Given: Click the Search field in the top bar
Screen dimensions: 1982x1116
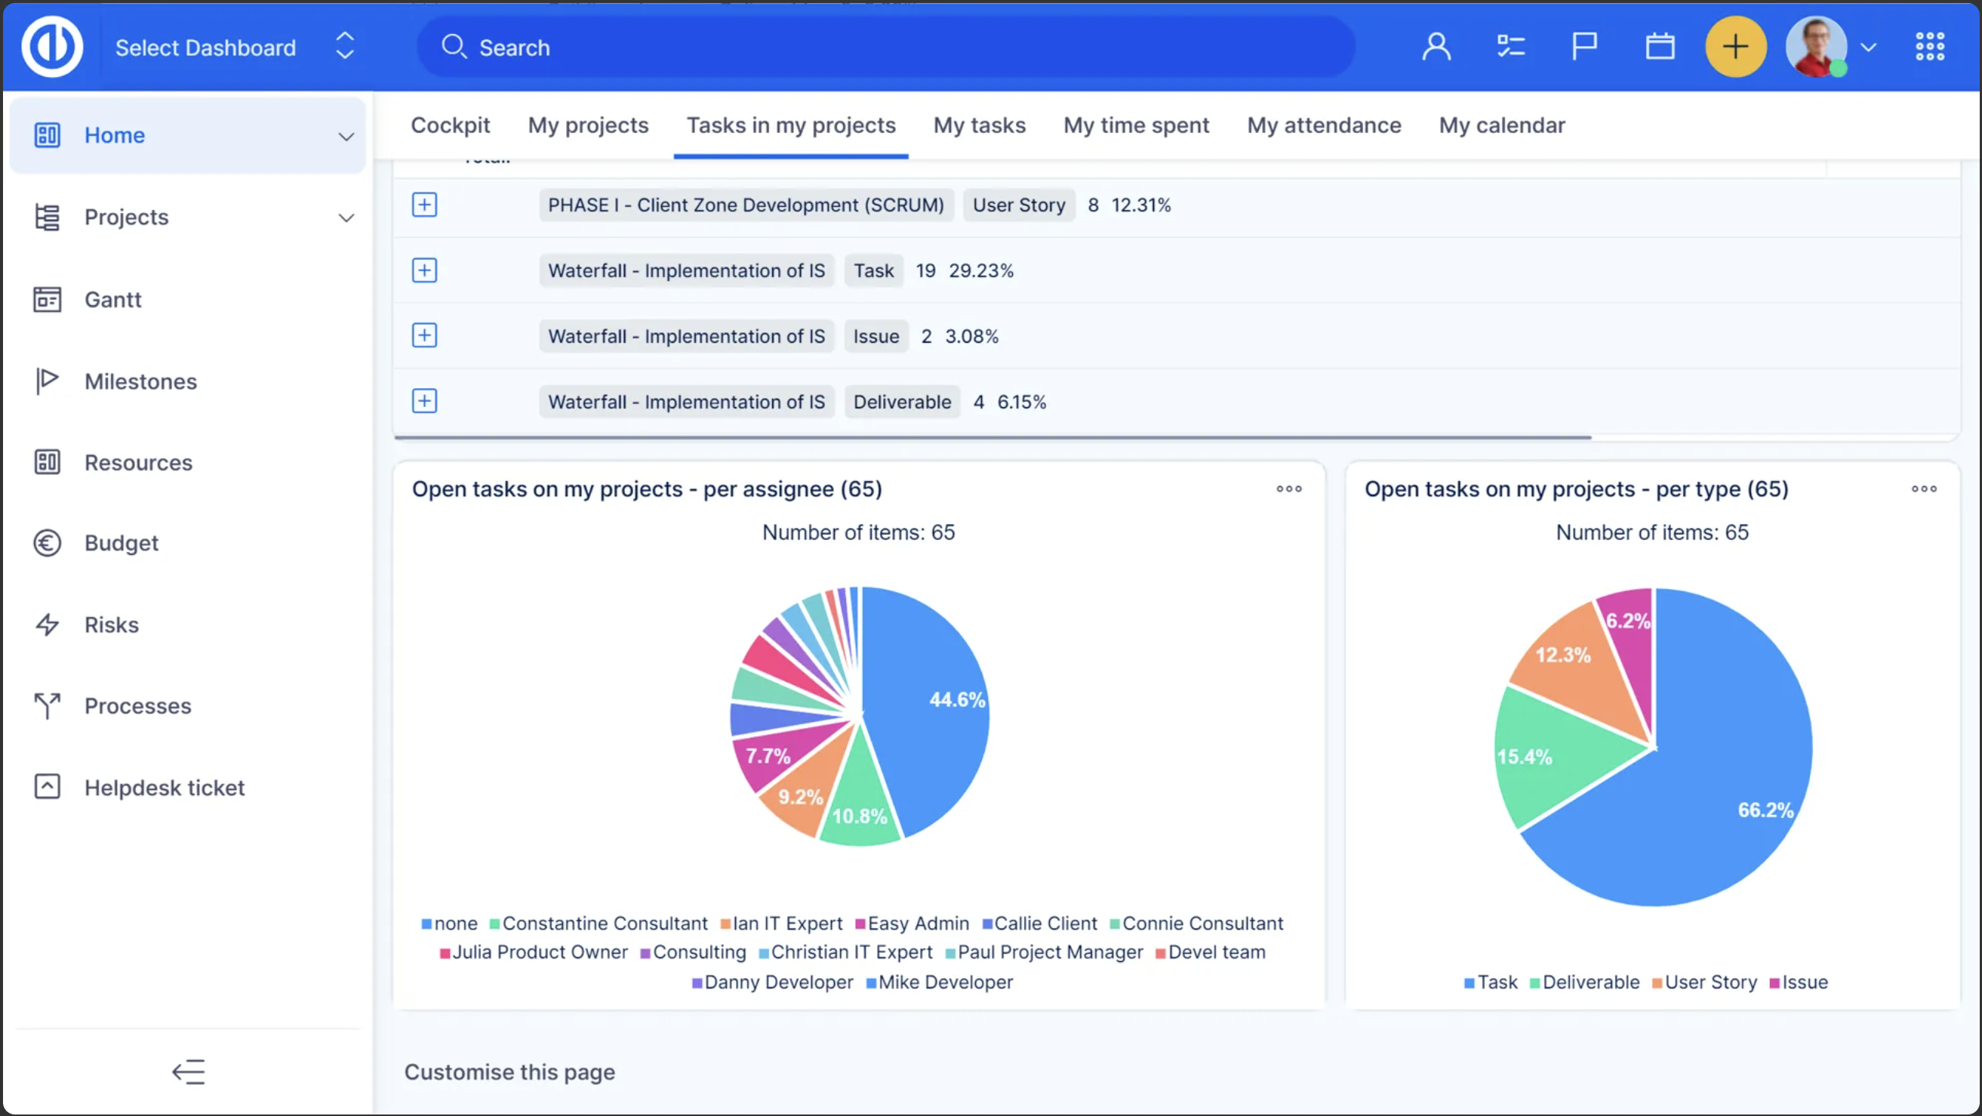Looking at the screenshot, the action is pyautogui.click(x=885, y=47).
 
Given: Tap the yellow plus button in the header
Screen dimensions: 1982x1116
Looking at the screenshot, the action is pyautogui.click(x=1735, y=47).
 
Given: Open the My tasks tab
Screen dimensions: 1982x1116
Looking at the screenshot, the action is pyautogui.click(x=979, y=125).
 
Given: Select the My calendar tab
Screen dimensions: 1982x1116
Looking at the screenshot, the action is pyautogui.click(x=1501, y=125).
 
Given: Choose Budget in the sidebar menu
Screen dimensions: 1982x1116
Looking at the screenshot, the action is pyautogui.click(x=121, y=543).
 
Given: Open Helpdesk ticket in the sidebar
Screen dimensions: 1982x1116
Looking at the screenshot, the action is pyautogui.click(x=164, y=788).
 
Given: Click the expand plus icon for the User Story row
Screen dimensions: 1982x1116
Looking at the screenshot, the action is pyautogui.click(x=424, y=205).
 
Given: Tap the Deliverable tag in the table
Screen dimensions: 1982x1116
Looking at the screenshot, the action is pyautogui.click(x=902, y=401).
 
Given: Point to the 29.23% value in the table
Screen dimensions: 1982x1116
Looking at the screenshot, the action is pyautogui.click(x=980, y=270).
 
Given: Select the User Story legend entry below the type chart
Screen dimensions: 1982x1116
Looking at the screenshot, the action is pyautogui.click(x=1704, y=982).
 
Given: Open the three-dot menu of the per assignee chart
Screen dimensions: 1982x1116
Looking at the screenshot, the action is pyautogui.click(x=1289, y=489).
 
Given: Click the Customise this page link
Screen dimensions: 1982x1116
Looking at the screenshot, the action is pyautogui.click(x=509, y=1071).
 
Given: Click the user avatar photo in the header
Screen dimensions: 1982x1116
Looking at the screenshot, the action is pyautogui.click(x=1816, y=47).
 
